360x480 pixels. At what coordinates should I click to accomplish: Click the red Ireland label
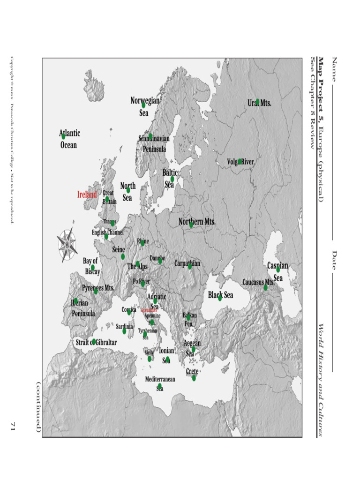87,194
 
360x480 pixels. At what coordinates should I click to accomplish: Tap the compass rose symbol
67,244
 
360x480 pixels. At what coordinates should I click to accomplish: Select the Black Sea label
220,295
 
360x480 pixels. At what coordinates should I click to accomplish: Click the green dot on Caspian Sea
278,270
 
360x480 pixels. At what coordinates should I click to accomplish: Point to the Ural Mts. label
259,103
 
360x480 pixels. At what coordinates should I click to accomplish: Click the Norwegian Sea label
144,106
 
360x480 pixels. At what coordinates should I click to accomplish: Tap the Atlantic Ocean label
69,139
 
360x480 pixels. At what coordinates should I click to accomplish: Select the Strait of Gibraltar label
96,343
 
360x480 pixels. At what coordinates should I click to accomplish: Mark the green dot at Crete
194,378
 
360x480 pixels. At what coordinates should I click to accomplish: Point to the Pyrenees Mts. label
98,288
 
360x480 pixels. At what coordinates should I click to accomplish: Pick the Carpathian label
187,263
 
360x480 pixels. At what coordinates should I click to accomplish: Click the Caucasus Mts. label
258,282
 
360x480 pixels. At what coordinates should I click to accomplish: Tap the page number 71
13,426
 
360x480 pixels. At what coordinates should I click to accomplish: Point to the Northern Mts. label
197,221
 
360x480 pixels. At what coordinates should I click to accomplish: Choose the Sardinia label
124,326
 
